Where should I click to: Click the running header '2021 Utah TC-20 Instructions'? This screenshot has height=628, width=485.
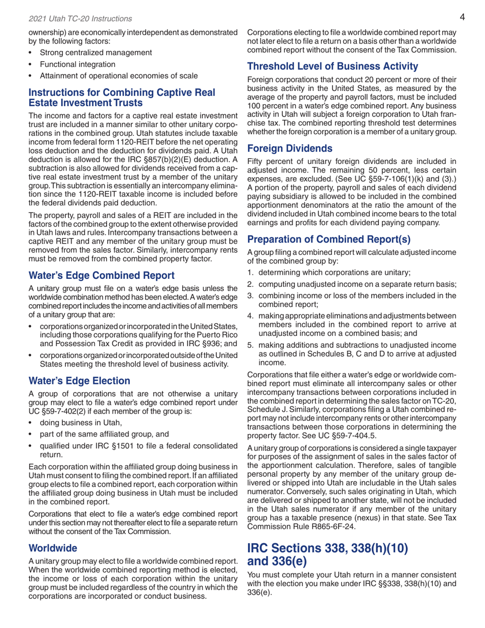click(x=71, y=19)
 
